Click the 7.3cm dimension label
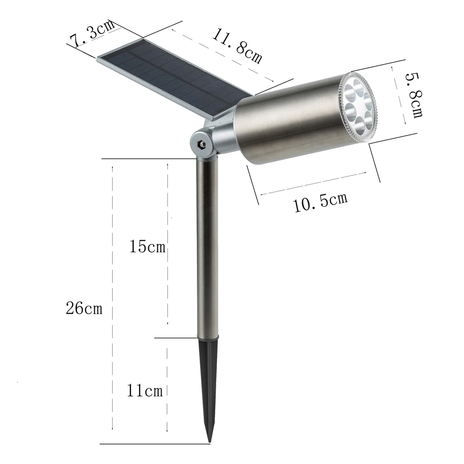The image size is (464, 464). pyautogui.click(x=92, y=33)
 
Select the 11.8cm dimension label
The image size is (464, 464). pyautogui.click(x=237, y=46)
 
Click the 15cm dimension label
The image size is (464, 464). pyautogui.click(x=147, y=246)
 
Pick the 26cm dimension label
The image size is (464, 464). pyautogui.click(x=84, y=308)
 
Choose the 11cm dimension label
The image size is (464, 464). pyautogui.click(x=145, y=391)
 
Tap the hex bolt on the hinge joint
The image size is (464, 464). pyautogui.click(x=201, y=144)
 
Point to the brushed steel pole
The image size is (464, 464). pyautogui.click(x=207, y=246)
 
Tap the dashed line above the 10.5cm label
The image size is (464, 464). pyautogui.click(x=316, y=183)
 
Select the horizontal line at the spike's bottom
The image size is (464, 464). pyautogui.click(x=153, y=444)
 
